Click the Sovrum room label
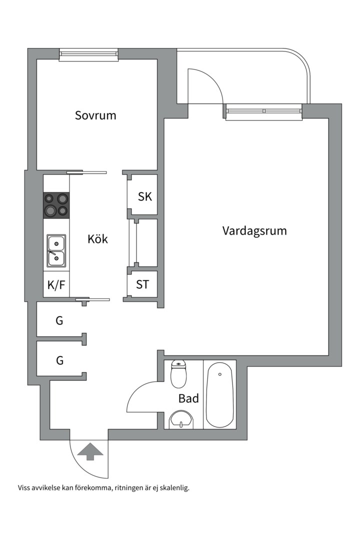click(95, 115)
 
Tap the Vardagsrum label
click(254, 230)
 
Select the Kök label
click(97, 238)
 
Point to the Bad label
click(188, 398)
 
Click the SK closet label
click(144, 196)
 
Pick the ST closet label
click(142, 284)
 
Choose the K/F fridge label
click(56, 285)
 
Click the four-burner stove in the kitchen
click(56, 205)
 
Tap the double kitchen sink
click(56, 250)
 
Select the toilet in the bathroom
click(178, 373)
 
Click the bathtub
click(219, 394)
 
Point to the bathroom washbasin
click(181, 419)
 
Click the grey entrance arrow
click(90, 451)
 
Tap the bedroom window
click(88, 55)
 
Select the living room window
click(264, 111)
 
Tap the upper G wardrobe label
click(59, 320)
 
